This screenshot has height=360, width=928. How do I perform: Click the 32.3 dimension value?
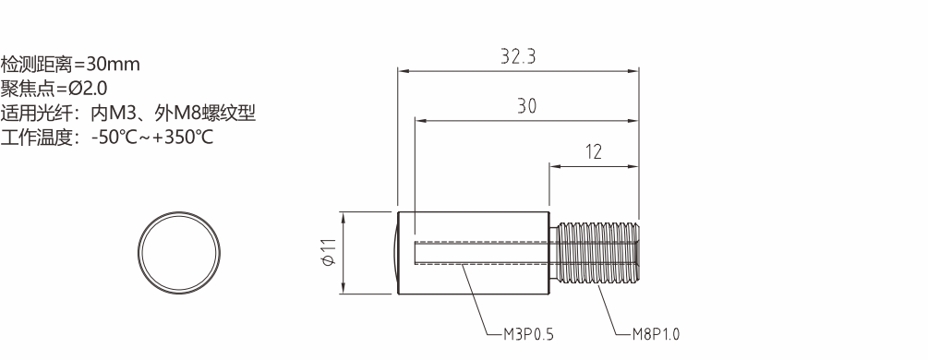point(518,56)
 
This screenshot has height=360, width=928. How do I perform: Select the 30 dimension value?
point(526,106)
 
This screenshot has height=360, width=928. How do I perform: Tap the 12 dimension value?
point(594,152)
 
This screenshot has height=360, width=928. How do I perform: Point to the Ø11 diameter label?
point(329,252)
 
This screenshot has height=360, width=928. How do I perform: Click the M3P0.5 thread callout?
point(528,334)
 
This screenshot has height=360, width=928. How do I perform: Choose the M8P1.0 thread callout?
point(656,334)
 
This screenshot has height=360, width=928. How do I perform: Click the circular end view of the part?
point(179,253)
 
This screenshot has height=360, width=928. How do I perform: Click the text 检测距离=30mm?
point(70,64)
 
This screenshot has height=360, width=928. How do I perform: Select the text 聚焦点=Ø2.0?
point(54,89)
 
